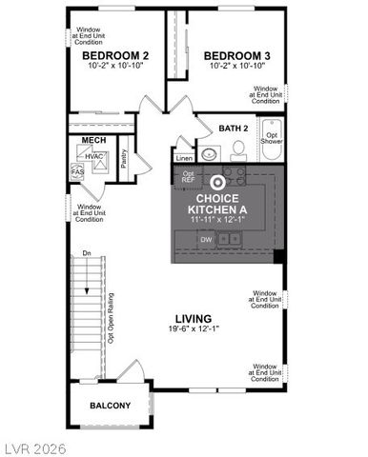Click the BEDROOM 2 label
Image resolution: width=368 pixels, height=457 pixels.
(109, 56)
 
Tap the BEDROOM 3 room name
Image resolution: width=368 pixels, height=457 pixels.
(237, 56)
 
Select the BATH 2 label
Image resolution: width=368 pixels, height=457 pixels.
(234, 128)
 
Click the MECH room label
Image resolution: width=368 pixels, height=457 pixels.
(92, 140)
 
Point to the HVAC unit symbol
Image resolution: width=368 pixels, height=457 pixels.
(93, 156)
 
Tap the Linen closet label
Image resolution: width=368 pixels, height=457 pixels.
(183, 158)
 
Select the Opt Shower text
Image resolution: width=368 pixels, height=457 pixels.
(273, 138)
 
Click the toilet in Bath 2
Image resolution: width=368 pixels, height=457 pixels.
(240, 148)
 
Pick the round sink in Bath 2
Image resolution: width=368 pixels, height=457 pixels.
(210, 152)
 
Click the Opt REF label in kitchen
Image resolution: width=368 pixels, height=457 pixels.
(187, 178)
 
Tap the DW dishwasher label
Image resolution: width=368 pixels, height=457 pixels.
(206, 240)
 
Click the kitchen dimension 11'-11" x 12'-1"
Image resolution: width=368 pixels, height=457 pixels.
(218, 219)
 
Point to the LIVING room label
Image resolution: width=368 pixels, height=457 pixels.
(193, 318)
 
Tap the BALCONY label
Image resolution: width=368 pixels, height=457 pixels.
(110, 405)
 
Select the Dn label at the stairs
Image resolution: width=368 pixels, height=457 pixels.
(86, 253)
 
